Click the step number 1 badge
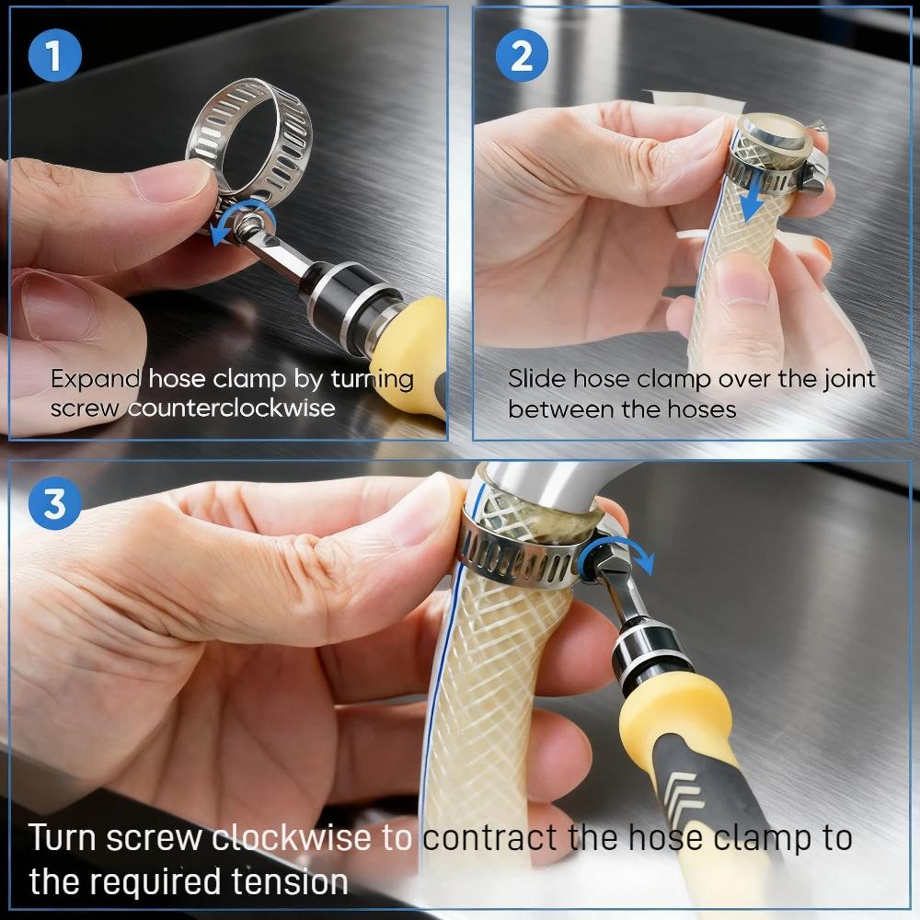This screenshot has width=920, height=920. coord(53,55)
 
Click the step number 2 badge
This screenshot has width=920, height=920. coord(522,55)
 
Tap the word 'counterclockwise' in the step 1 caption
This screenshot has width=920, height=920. coord(231,408)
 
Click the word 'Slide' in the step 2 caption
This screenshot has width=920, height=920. coord(537,379)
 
